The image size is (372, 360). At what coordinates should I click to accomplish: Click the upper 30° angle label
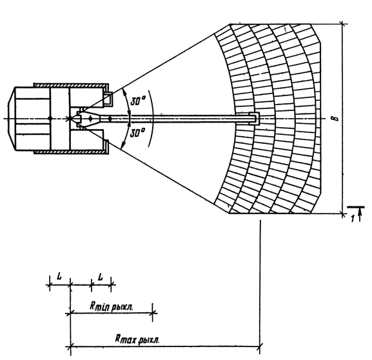138,101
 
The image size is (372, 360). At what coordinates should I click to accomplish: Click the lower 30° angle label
138,132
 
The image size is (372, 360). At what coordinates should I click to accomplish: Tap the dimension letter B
336,118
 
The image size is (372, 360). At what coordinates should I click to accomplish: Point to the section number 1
353,218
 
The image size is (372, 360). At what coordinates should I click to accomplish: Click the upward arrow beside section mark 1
360,215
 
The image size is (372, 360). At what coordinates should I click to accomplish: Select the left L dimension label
59,275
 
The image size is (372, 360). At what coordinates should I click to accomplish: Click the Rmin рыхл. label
112,306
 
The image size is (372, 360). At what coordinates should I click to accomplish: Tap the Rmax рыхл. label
137,339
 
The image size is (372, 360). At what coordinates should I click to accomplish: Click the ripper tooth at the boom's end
254,118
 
